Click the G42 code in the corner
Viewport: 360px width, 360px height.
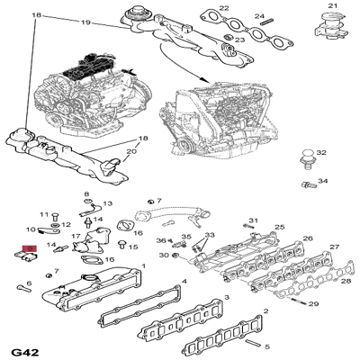tap(24, 349)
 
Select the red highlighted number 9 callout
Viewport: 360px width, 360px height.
tap(30, 247)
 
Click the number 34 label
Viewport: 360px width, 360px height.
tap(322, 183)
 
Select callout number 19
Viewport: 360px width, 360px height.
tap(86, 19)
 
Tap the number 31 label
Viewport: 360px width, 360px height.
tap(253, 220)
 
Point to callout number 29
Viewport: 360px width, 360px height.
tap(313, 305)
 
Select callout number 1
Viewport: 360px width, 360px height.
tap(144, 266)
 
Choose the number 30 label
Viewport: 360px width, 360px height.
tap(165, 256)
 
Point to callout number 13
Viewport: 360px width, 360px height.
tap(107, 204)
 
